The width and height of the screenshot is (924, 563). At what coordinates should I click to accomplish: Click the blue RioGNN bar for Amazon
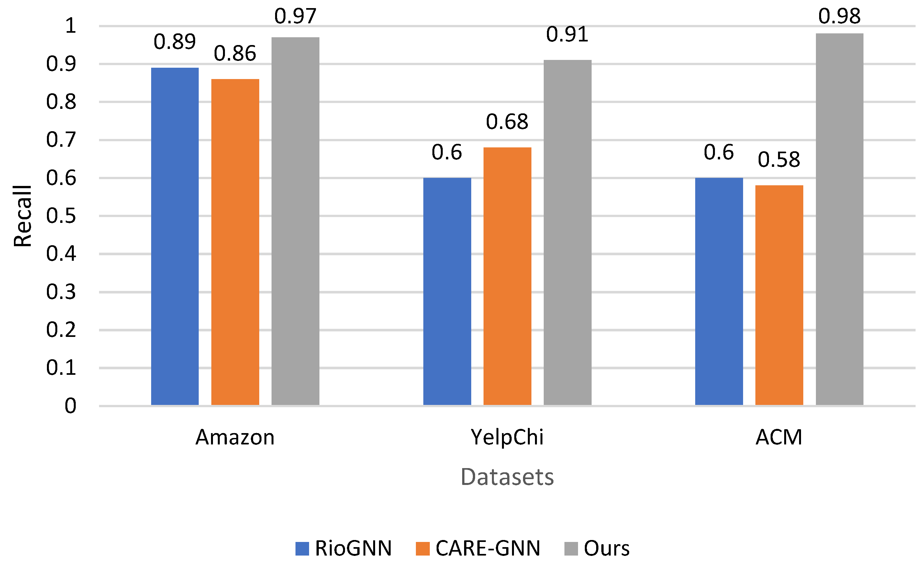click(175, 236)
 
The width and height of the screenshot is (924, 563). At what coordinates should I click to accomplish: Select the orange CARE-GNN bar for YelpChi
click(507, 276)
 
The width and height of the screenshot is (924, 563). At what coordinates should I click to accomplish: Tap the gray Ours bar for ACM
click(839, 219)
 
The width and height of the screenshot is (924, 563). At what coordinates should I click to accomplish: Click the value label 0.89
click(175, 42)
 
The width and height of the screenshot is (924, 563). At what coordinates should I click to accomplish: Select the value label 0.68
click(507, 122)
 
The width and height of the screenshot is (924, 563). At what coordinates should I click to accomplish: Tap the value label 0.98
click(839, 16)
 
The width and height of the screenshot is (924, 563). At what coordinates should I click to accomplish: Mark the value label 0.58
click(779, 160)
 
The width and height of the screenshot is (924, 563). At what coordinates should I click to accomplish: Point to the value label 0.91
click(567, 35)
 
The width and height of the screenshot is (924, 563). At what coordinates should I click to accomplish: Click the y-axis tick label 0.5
click(61, 216)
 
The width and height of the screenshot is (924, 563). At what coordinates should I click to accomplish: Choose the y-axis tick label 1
click(71, 26)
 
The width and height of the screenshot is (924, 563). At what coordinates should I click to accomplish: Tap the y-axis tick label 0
click(71, 406)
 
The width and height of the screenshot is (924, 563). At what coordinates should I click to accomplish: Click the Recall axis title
click(23, 216)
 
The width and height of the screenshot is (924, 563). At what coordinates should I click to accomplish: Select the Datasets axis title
click(507, 477)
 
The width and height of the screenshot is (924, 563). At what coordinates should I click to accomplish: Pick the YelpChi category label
click(507, 438)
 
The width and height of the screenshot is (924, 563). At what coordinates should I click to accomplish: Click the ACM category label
click(779, 438)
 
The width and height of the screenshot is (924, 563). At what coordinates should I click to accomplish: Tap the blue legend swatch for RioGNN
click(302, 549)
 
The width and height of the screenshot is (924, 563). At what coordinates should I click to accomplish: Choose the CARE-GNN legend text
click(487, 549)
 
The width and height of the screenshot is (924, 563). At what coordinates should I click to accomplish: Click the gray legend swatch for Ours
click(571, 549)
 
